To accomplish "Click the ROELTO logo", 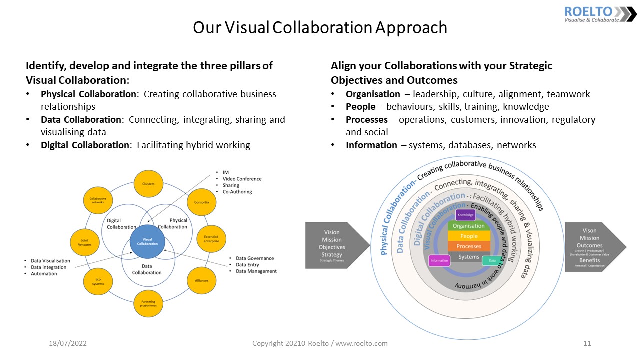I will coord(600,14).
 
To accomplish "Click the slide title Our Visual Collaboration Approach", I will coord(320,27).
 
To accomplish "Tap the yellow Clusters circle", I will coord(148,184).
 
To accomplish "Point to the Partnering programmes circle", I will coord(148,303).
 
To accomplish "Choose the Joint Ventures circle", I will coord(85,242).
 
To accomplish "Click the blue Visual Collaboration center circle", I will coord(147,241).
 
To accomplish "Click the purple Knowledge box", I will coord(465,215).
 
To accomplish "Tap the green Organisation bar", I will coord(469,226).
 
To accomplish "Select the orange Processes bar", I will coord(469,246).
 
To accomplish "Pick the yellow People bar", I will coord(469,236).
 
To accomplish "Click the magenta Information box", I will coord(439,260).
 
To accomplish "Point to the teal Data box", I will coord(492,260).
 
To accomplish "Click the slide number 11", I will coord(587,344).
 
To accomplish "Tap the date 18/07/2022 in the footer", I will coord(68,344).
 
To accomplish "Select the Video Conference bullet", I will coord(242,179).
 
